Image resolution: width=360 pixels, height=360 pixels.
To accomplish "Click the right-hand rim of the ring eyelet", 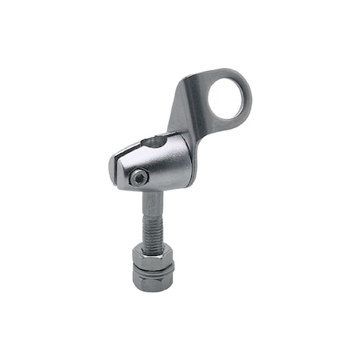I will pyautogui.click(x=246, y=96).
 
